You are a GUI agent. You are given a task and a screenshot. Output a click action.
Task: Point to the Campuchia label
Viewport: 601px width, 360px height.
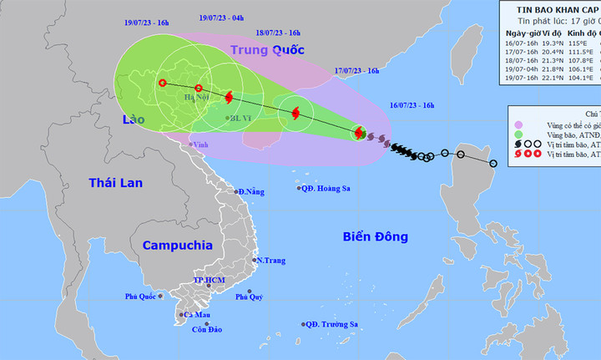178,245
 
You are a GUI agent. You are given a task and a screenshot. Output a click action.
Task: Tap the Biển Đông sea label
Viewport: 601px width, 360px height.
376,237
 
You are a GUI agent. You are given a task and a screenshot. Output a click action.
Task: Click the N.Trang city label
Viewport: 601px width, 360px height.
270,261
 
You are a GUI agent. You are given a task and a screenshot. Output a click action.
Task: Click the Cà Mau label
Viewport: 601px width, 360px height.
197,315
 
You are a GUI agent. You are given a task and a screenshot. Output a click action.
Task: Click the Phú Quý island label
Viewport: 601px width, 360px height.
249,297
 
